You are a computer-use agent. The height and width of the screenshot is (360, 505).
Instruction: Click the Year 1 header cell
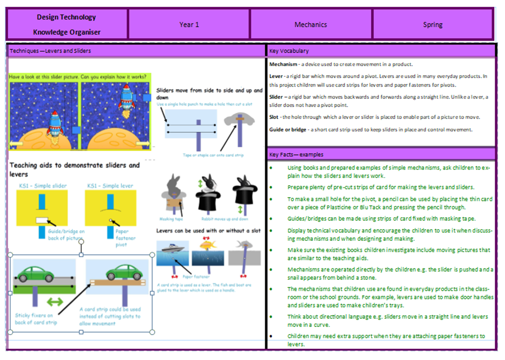[x=189, y=24]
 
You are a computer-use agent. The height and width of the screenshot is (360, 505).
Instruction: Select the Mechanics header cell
[x=311, y=24]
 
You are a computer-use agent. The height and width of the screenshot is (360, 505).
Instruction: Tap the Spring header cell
[x=432, y=24]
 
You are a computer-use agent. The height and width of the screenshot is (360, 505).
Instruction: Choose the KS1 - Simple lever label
[x=109, y=186]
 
